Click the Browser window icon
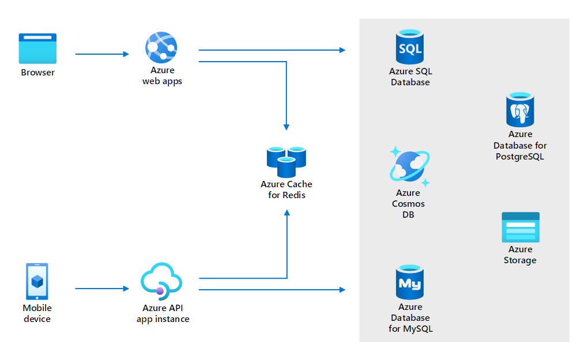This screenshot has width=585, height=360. pyautogui.click(x=37, y=48)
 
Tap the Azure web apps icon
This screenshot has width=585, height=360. pyautogui.click(x=161, y=47)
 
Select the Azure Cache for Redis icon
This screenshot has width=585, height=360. pyautogui.click(x=286, y=161)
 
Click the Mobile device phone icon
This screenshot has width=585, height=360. pyautogui.click(x=37, y=282)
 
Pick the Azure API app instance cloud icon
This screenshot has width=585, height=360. pyautogui.click(x=161, y=281)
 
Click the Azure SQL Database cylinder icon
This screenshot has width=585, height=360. pyautogui.click(x=410, y=47)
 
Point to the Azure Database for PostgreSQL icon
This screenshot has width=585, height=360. pyautogui.click(x=520, y=110)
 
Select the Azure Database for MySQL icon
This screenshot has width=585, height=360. pyautogui.click(x=410, y=282)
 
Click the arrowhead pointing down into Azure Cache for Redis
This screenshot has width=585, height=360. pyautogui.click(x=286, y=126)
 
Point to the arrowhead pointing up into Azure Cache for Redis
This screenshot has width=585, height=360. pyautogui.click(x=286, y=213)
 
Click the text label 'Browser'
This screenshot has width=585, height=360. pyautogui.click(x=37, y=73)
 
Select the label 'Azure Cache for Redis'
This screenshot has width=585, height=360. pyautogui.click(x=286, y=190)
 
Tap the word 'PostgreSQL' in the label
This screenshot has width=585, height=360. pyautogui.click(x=520, y=157)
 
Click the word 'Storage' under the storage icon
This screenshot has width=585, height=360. pyautogui.click(x=520, y=260)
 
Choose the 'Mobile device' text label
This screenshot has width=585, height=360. pyautogui.click(x=37, y=313)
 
